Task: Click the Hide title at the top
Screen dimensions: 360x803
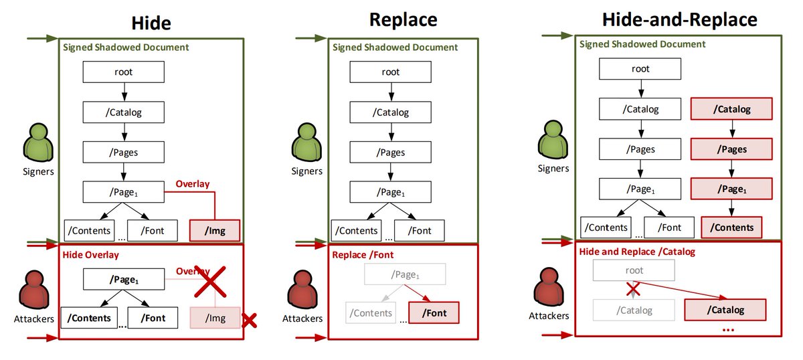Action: click(151, 23)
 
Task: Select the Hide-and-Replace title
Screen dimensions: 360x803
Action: click(679, 19)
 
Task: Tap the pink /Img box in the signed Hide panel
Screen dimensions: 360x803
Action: click(214, 231)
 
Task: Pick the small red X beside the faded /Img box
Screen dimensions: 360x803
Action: click(250, 321)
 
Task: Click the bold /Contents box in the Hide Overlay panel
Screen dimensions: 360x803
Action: click(90, 317)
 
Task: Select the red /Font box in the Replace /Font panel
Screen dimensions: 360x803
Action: click(434, 312)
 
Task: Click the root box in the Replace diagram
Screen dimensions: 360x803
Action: click(391, 72)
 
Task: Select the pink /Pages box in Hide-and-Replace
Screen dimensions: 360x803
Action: click(731, 149)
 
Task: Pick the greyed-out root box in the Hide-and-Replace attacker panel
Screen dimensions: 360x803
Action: click(634, 270)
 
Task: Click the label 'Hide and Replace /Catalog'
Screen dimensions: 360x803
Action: click(637, 252)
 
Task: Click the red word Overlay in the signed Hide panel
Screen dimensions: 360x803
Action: click(193, 184)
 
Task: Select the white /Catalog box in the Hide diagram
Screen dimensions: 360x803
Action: click(123, 112)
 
